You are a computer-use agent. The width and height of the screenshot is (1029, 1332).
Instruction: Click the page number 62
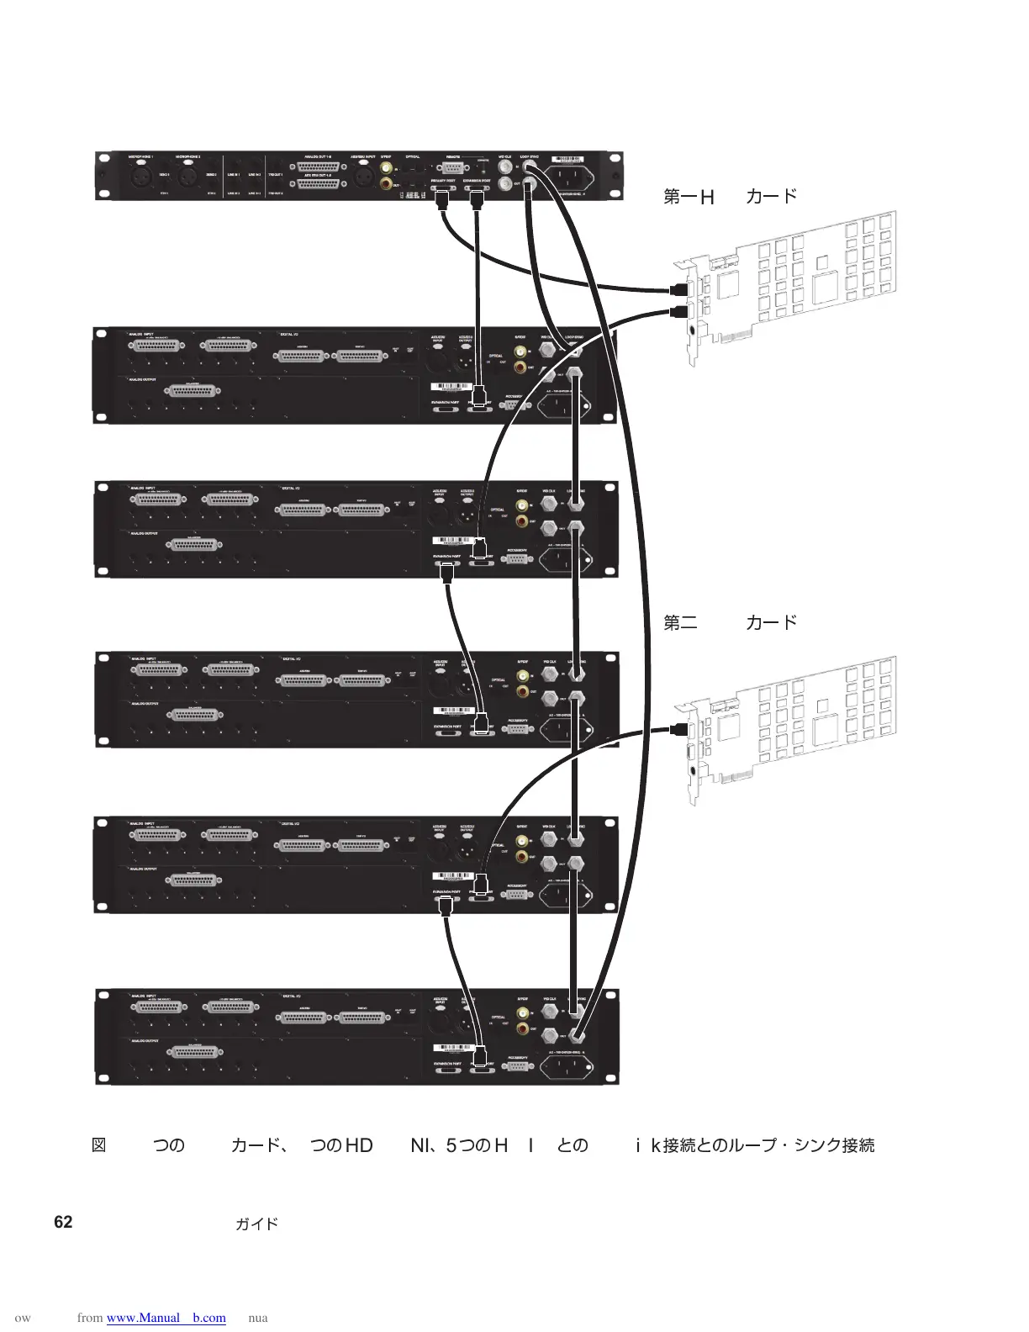pyautogui.click(x=63, y=1222)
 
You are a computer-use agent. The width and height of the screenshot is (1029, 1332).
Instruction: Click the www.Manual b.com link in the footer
pyautogui.click(x=166, y=1318)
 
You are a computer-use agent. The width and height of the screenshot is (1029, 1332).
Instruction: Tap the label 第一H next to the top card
pyautogui.click(x=689, y=197)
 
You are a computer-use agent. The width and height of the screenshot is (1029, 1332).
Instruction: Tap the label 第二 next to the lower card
pyautogui.click(x=680, y=623)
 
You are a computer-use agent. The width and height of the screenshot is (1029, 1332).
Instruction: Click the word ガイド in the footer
pyautogui.click(x=256, y=1224)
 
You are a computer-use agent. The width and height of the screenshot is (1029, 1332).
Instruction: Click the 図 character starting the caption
pyautogui.click(x=98, y=1145)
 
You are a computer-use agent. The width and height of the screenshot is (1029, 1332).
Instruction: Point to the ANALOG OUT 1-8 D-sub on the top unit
pyautogui.click(x=318, y=167)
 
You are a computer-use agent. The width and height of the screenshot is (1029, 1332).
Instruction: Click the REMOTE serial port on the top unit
pyautogui.click(x=454, y=169)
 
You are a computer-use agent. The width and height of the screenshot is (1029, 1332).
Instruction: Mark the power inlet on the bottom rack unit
pyautogui.click(x=562, y=1067)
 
